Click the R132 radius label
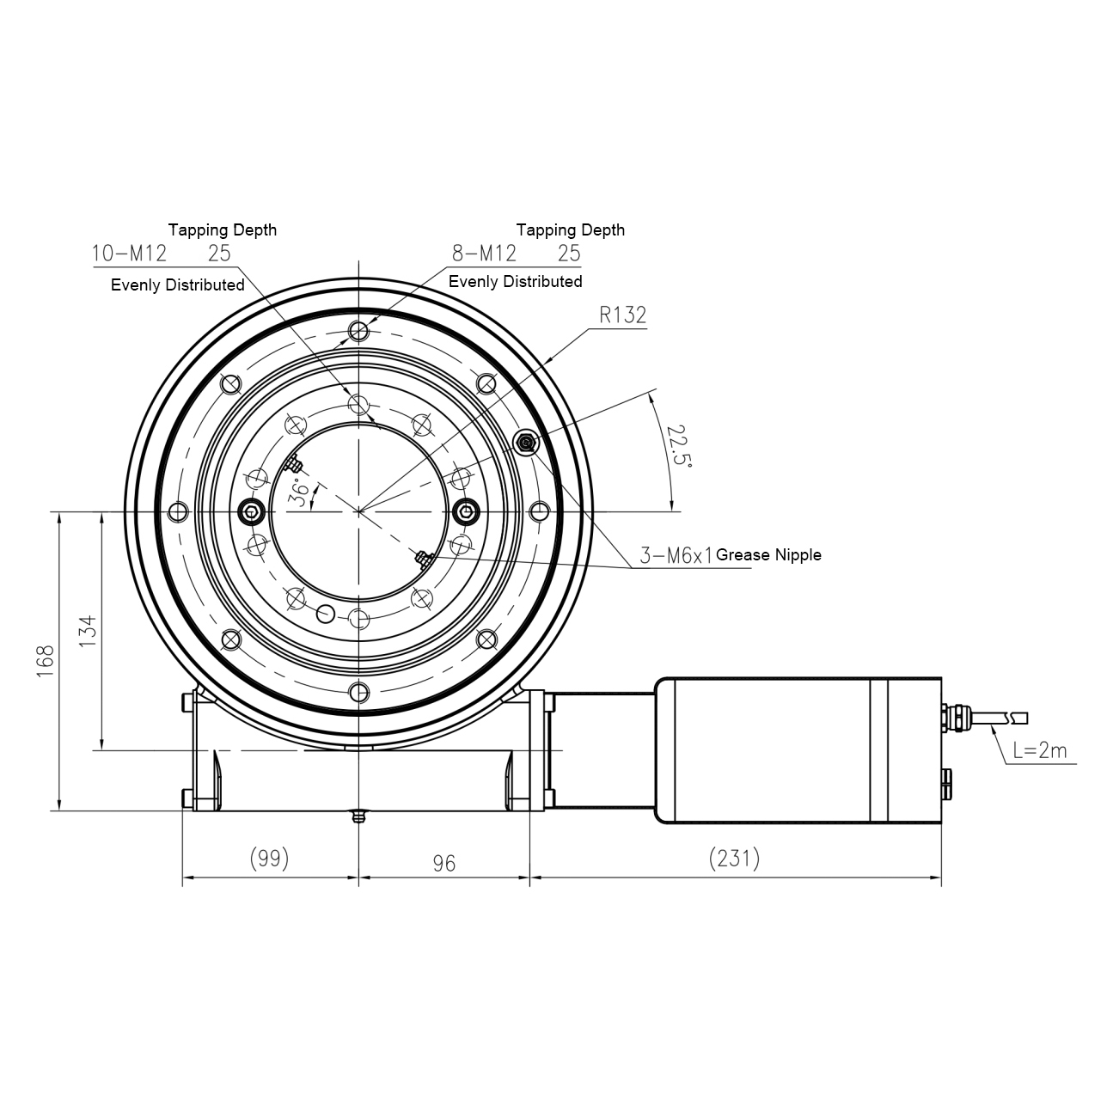(x=622, y=315)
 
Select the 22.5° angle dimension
(x=679, y=445)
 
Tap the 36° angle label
(x=300, y=495)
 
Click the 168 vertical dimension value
(x=46, y=662)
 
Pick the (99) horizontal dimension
(x=268, y=858)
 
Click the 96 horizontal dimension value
(x=443, y=863)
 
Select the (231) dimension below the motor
(x=734, y=858)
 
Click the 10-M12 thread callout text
(x=129, y=253)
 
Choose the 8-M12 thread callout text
(x=485, y=253)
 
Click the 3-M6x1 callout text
(x=676, y=555)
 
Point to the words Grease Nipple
(x=768, y=555)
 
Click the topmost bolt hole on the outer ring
(x=358, y=332)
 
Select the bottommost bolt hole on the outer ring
(x=358, y=692)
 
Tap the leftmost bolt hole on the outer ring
(x=178, y=512)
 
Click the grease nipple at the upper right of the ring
(x=525, y=443)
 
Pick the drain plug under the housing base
(x=358, y=816)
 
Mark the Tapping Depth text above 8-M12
(x=570, y=230)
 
